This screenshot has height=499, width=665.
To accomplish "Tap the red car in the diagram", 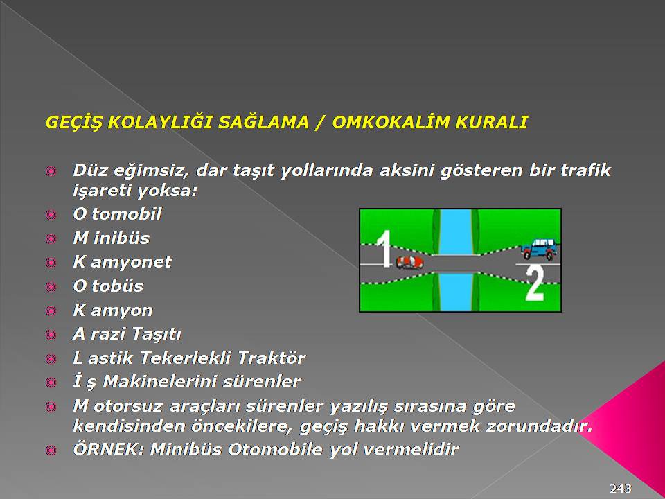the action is coord(409,262).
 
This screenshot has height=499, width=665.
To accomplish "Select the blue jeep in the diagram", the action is coord(538,249).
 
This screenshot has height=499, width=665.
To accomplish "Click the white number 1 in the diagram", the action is coord(385,249).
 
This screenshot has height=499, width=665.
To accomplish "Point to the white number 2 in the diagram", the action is coord(535,283).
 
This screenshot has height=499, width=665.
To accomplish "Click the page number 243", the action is coord(621,488).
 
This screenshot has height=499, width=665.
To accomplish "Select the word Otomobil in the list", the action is coord(117,213).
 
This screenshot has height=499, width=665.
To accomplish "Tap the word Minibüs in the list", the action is coord(111,238).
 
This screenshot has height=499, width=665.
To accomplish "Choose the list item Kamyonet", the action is coord(122,262).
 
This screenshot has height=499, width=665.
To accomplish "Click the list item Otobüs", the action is coord(108,286).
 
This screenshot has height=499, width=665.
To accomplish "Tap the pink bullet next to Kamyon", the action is coord(51,310).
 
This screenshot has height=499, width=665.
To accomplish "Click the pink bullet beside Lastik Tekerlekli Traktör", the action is coord(51,358).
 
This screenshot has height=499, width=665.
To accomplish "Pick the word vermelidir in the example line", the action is coord(411,449).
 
